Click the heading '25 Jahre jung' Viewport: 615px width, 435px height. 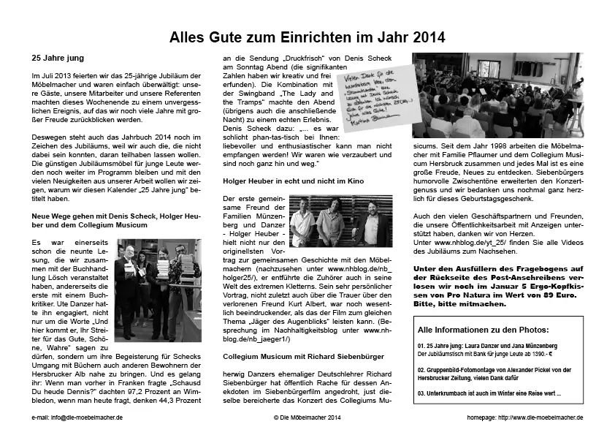[x=56, y=58]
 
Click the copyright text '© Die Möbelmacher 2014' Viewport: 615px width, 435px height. [x=307, y=417]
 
